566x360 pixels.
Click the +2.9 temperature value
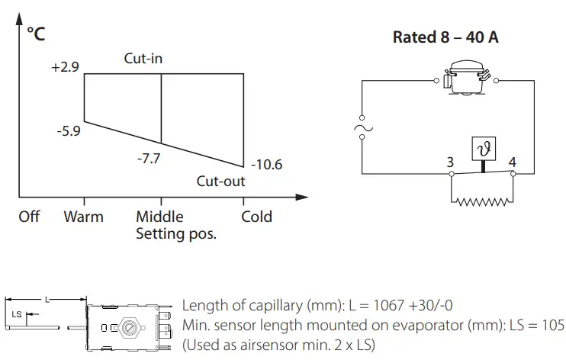point(65,67)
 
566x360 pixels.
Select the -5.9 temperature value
point(69,131)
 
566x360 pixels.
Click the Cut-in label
point(143,58)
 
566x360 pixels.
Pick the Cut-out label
point(221,182)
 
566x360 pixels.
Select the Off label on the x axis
point(29,217)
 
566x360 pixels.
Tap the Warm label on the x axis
point(84,217)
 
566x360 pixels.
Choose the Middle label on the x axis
point(161,217)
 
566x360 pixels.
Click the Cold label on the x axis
point(256,217)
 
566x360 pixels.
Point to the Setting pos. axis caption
point(175,233)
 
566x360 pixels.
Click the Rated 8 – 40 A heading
point(445,37)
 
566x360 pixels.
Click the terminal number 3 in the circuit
point(452,162)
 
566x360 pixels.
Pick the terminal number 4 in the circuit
point(512,162)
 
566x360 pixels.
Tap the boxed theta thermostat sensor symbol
point(482,149)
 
